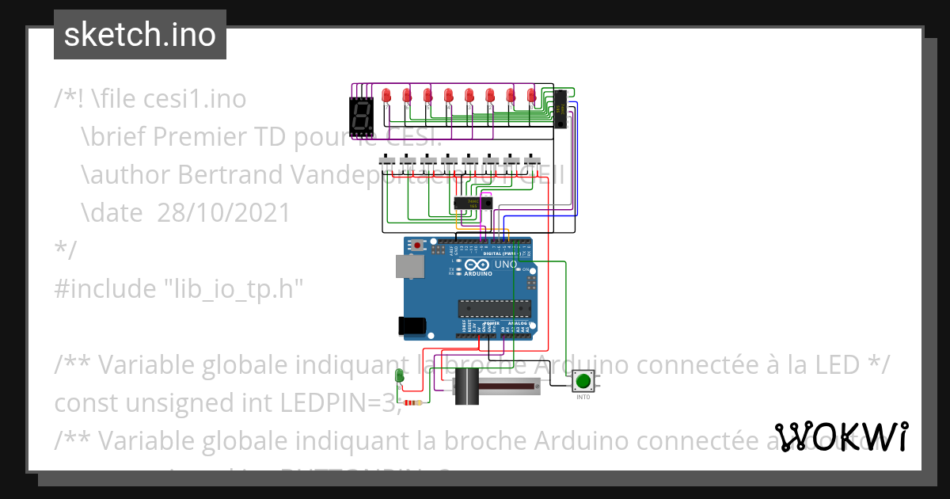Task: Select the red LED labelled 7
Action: point(386,96)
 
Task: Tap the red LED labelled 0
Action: point(531,96)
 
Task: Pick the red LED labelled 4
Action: point(448,96)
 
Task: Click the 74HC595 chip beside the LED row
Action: point(560,109)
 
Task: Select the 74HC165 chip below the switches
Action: point(473,204)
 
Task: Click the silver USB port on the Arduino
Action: point(411,266)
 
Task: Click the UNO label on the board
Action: point(505,264)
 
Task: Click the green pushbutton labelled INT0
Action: point(583,381)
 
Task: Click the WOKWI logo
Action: point(841,436)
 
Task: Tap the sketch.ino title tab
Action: point(139,35)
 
